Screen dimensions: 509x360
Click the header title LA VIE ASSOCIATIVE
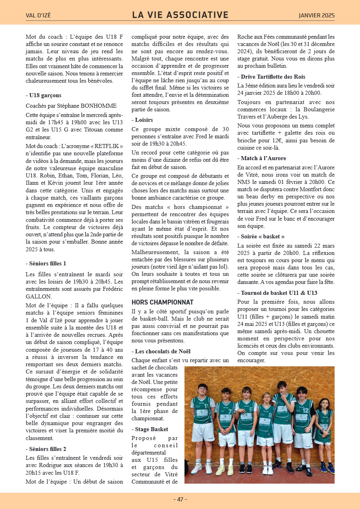pyautogui.click(x=180, y=15)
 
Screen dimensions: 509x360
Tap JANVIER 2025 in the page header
pyautogui.click(x=316, y=16)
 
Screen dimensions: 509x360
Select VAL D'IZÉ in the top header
pyautogui.click(x=38, y=16)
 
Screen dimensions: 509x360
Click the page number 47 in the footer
pyautogui.click(x=180, y=499)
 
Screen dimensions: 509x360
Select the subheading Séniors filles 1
pyautogui.click(x=48, y=263)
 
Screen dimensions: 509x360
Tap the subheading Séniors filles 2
pyautogui.click(x=48, y=449)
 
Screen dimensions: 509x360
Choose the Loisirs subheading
pyautogui.click(x=143, y=120)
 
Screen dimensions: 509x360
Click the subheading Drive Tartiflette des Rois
pyautogui.click(x=273, y=77)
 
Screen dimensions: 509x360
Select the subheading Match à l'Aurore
pyautogui.click(x=263, y=158)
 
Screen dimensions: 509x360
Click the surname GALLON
pyautogui.click(x=39, y=296)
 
